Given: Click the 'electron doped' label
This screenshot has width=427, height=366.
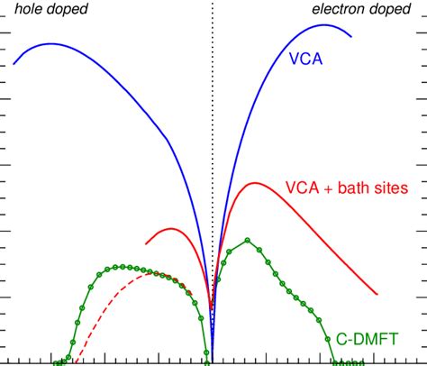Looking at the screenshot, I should (366, 10).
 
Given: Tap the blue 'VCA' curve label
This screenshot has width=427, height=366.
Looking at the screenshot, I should (306, 59).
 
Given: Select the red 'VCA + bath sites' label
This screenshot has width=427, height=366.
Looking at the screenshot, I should (347, 188).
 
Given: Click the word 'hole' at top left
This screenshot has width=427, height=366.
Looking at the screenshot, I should (29, 10).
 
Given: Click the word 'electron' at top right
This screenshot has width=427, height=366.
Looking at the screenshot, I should (340, 10).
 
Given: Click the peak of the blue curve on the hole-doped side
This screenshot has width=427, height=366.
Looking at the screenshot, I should (50, 43).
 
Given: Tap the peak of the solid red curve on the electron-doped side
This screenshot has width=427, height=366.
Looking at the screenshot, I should (256, 183).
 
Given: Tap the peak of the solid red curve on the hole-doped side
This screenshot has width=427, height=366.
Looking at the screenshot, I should (171, 228).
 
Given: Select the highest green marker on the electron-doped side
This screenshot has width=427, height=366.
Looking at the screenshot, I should (248, 240).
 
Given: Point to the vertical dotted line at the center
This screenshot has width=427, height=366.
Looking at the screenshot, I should (213, 135).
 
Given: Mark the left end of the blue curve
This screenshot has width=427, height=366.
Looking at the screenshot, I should (14, 64).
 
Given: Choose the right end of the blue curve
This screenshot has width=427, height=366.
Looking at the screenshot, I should (350, 37).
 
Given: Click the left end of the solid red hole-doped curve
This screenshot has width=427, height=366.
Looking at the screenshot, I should (146, 243).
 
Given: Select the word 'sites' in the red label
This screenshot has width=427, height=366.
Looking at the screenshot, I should (392, 188).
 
